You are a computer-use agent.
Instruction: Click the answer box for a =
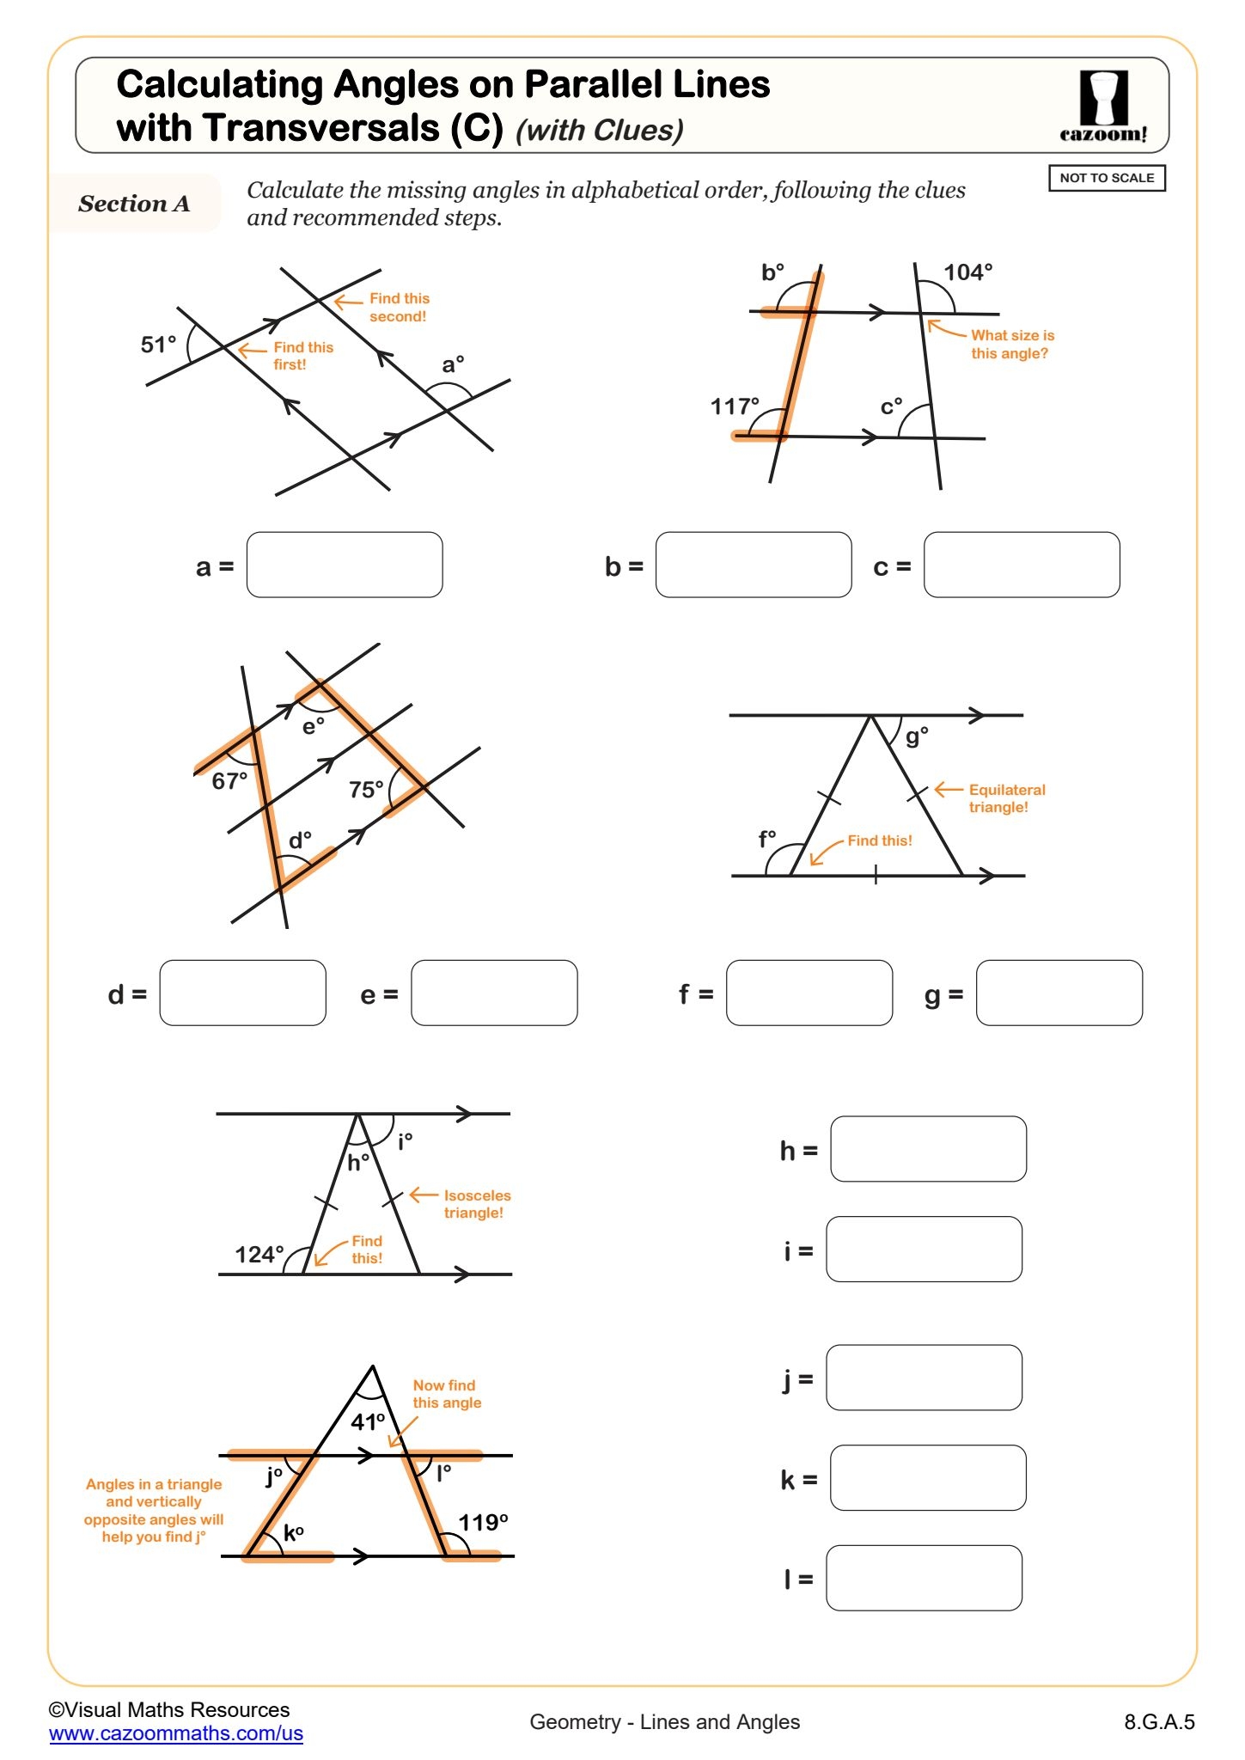(345, 565)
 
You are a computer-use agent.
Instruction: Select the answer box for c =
(1022, 565)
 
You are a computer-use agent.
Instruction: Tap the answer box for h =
(928, 1149)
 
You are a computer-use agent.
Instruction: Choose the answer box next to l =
(924, 1578)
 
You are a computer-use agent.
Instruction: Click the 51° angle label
(158, 345)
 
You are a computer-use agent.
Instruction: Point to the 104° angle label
(967, 272)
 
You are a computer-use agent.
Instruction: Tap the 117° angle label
(735, 406)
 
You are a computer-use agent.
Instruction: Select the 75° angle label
(366, 789)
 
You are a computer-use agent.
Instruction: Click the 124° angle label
(259, 1254)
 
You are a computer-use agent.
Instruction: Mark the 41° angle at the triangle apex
(368, 1421)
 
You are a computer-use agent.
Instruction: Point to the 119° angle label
(483, 1523)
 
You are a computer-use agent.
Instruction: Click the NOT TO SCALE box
(1107, 178)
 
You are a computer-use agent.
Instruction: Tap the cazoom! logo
(1103, 107)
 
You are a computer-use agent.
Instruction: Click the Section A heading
(134, 204)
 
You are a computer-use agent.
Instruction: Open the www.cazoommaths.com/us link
(176, 1733)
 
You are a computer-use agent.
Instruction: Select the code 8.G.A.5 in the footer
(1159, 1721)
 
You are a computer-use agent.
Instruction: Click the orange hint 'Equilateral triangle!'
(1006, 798)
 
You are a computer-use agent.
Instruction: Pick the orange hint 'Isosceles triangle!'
(477, 1204)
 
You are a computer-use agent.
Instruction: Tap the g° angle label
(917, 736)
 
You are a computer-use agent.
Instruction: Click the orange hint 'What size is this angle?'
(1011, 344)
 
